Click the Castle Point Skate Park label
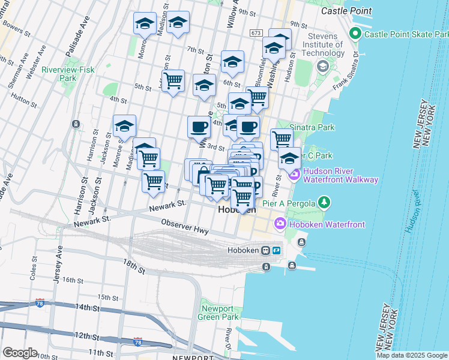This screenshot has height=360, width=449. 406,34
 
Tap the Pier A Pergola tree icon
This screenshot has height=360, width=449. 325,202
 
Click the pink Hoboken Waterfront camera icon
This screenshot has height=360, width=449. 280,224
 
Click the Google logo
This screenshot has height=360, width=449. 20,353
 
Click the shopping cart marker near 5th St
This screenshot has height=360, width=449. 173,82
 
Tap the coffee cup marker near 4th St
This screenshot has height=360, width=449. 199,127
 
